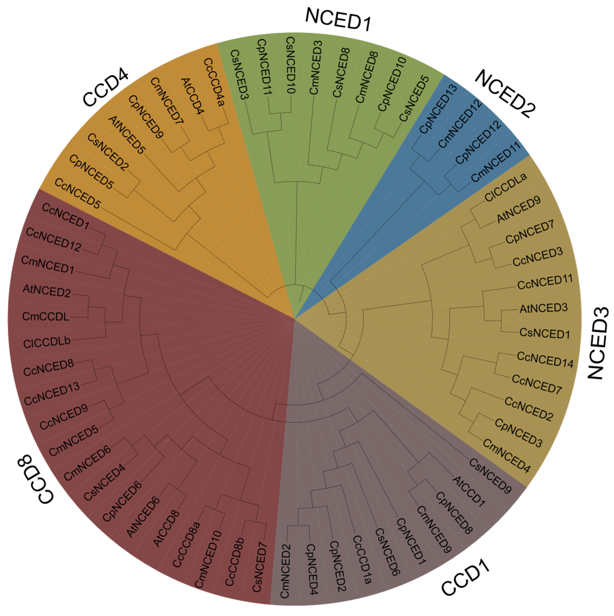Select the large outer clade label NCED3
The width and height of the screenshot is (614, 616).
pos(599,343)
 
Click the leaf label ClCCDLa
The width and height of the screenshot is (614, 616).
pos(506,187)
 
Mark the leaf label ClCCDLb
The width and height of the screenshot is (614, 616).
pos(47,342)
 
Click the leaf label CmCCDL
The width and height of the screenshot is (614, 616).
pos(46,317)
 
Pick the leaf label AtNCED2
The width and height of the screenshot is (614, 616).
pos(47,291)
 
